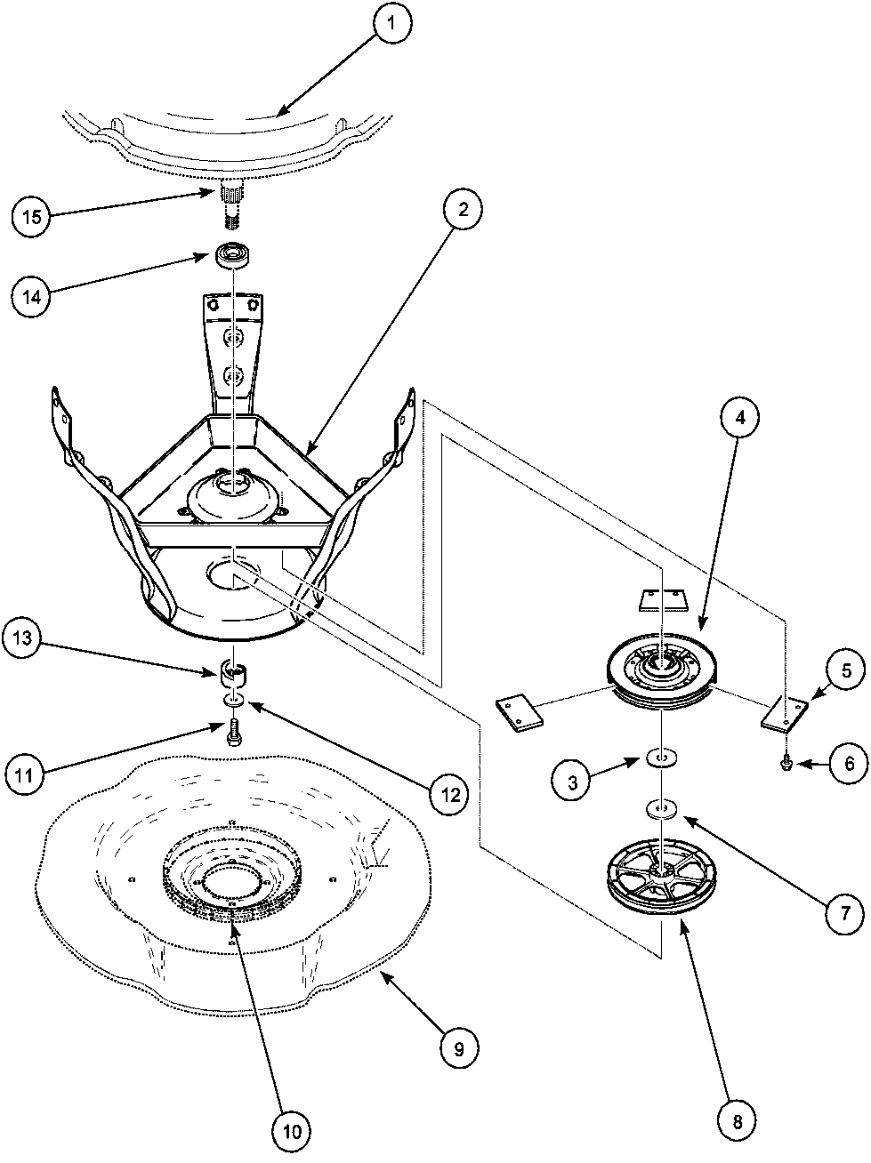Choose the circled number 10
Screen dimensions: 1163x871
pos(294,1131)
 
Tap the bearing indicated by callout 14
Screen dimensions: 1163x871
pos(233,255)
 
